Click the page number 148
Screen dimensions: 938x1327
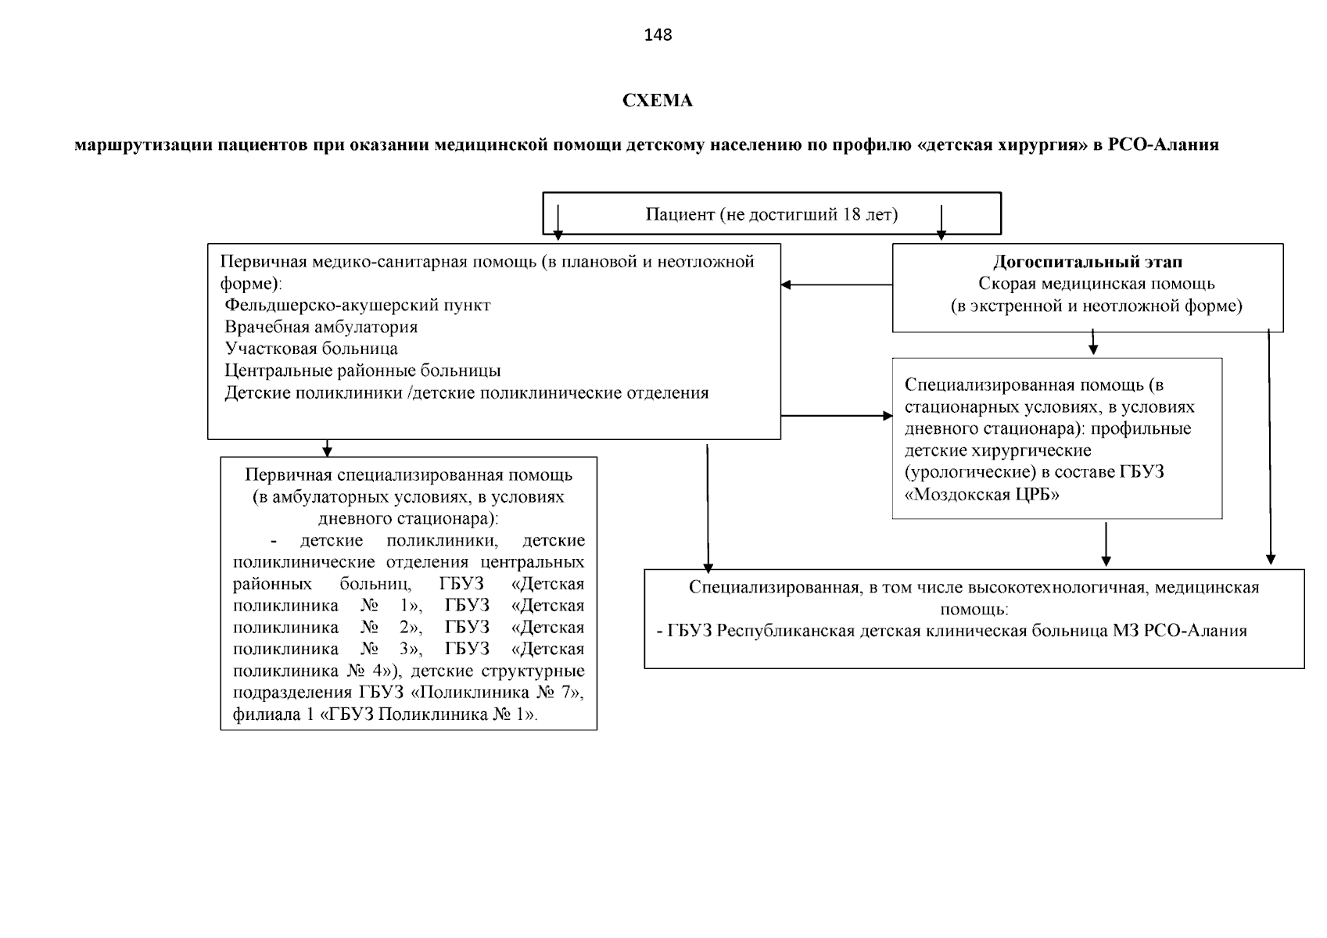[658, 35]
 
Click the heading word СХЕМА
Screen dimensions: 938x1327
[657, 101]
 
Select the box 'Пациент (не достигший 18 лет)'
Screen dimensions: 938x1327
[771, 214]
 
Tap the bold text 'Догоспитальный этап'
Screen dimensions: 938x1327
[1088, 262]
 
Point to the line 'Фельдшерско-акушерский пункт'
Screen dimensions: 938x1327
[357, 305]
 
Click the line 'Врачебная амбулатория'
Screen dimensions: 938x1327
[321, 327]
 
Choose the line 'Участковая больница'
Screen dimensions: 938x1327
[311, 349]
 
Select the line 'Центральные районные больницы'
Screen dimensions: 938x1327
[363, 371]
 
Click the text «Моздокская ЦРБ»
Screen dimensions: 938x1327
[982, 495]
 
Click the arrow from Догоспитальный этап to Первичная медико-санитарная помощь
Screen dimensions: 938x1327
[837, 285]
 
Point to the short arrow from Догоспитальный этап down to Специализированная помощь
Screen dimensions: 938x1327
[1093, 342]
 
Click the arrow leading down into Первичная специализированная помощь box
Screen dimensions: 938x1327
[328, 448]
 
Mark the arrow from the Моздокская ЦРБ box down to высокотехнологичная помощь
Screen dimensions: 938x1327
[1106, 544]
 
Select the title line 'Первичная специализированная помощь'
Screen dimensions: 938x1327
[408, 475]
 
